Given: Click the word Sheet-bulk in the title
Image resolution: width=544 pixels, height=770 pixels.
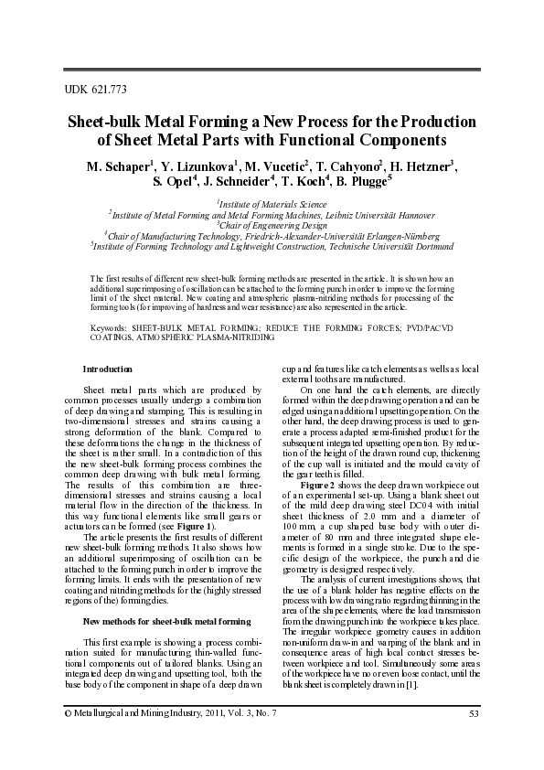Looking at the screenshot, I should [x=103, y=122].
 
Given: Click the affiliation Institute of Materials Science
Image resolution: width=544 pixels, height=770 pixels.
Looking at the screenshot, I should [x=272, y=204].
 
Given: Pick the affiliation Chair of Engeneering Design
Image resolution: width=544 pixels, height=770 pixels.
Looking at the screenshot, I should [x=272, y=224].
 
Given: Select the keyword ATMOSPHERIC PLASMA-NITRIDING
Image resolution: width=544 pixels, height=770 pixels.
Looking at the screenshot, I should [x=197, y=337].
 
